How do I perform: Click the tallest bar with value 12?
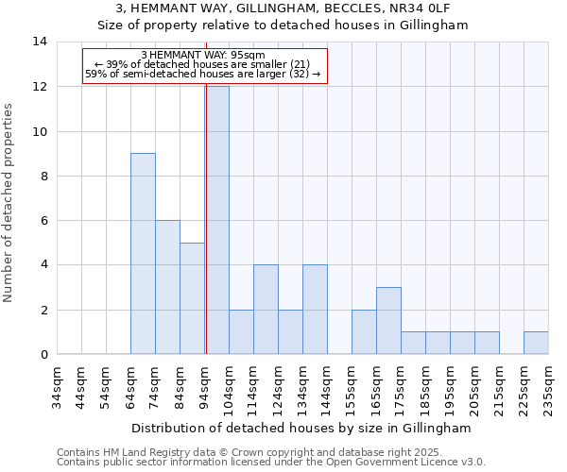(216, 220)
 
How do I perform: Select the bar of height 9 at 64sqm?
(143, 254)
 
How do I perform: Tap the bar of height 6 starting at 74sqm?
(167, 287)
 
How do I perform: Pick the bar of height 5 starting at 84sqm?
(192, 298)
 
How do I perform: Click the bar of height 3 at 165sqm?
(388, 321)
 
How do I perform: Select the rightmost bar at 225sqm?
(536, 344)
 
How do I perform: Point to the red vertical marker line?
(206, 227)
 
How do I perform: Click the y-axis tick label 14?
(39, 42)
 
